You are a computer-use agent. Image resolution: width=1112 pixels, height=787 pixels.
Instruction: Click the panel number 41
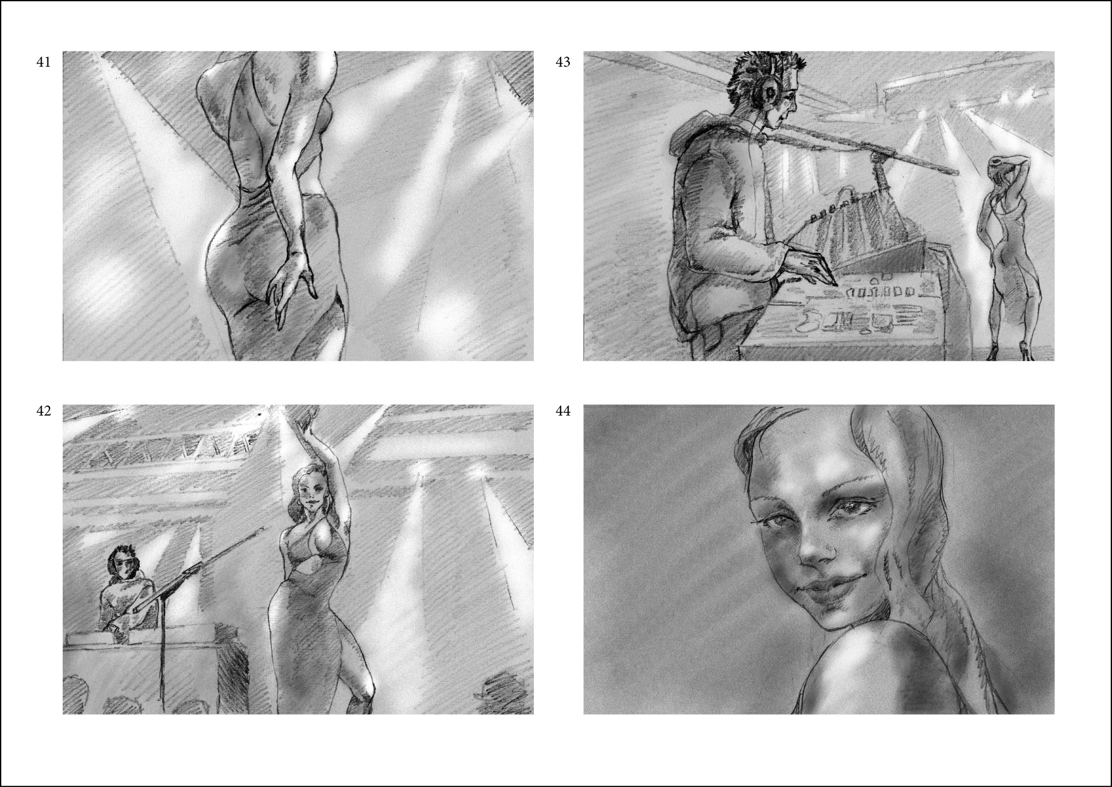(x=44, y=62)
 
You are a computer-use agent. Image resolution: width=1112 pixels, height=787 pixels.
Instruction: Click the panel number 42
(x=44, y=411)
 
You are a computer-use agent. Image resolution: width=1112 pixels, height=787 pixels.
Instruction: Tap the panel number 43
(x=563, y=62)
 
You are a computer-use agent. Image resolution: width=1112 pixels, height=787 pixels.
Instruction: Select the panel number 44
(x=563, y=411)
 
